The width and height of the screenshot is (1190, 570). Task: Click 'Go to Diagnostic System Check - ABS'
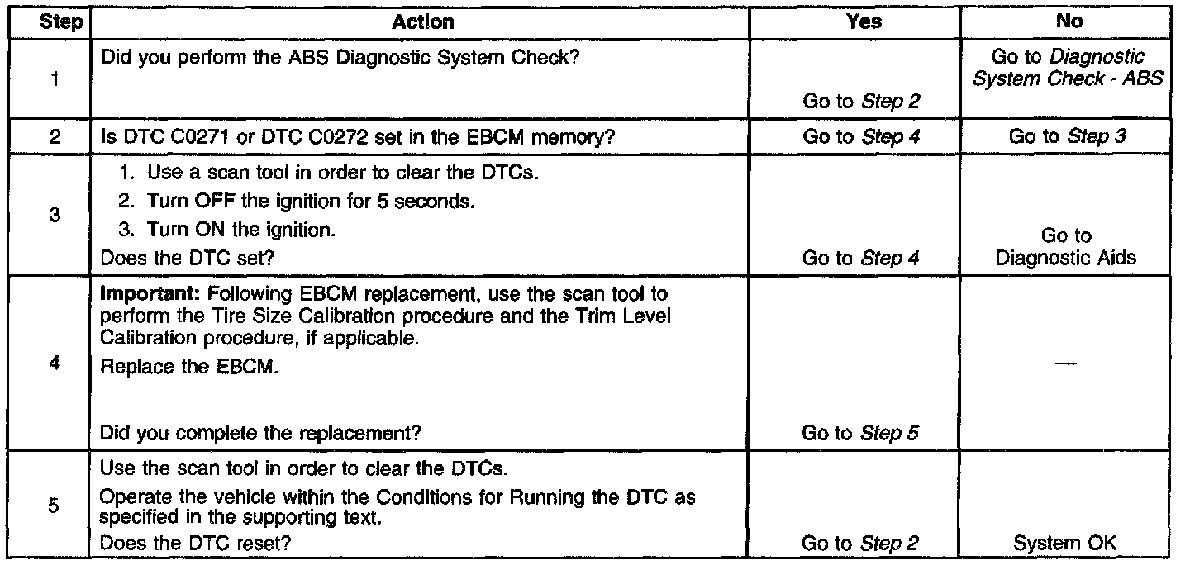tap(1069, 69)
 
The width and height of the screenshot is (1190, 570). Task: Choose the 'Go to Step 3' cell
tap(1067, 137)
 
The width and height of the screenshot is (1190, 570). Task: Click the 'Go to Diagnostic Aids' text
tap(1066, 247)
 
